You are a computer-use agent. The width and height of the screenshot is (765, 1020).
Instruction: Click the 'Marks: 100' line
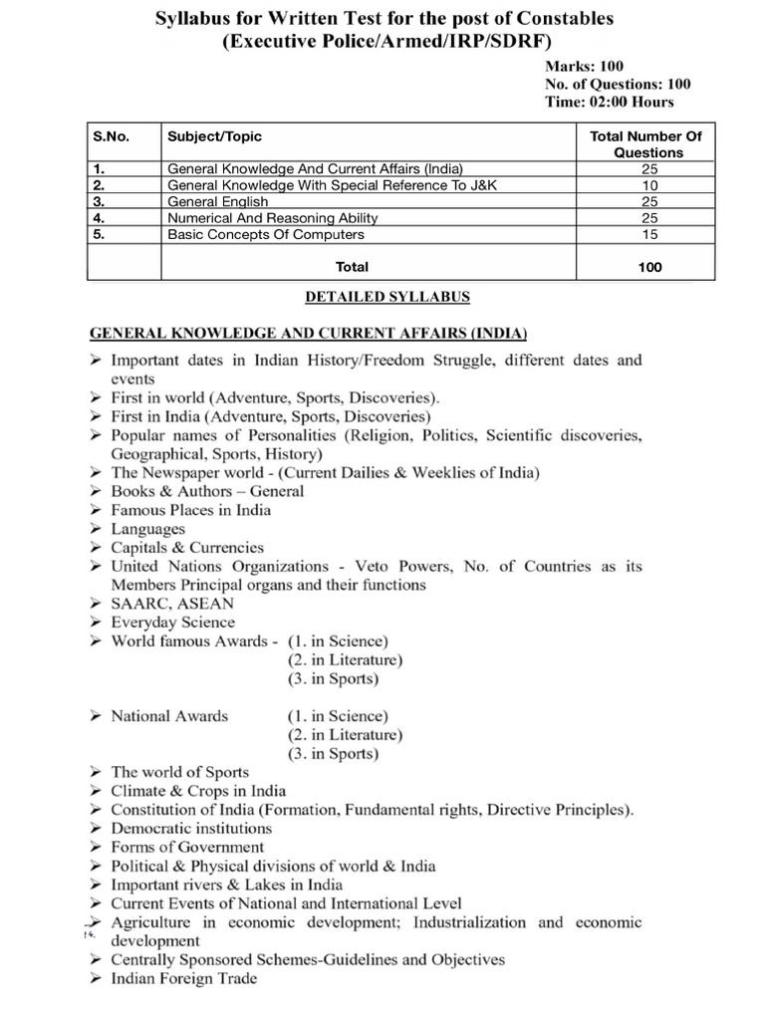pyautogui.click(x=584, y=66)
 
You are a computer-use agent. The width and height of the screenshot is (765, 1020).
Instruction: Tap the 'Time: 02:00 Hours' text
pyautogui.click(x=609, y=102)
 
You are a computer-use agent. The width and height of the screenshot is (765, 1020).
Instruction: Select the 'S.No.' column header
pyautogui.click(x=111, y=135)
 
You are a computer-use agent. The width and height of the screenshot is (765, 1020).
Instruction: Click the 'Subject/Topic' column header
pyautogui.click(x=214, y=135)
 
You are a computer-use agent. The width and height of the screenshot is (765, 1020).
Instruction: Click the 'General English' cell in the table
pyautogui.click(x=218, y=201)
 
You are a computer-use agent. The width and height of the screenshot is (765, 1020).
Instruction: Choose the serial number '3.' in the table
pyautogui.click(x=99, y=201)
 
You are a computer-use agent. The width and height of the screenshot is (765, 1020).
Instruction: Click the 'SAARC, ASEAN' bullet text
pyautogui.click(x=172, y=604)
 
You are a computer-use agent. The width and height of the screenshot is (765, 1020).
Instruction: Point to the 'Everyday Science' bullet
pyautogui.click(x=172, y=623)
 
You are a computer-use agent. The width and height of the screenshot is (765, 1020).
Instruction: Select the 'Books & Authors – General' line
pyautogui.click(x=207, y=491)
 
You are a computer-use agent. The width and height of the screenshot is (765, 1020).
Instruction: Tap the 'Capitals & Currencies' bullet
pyautogui.click(x=187, y=547)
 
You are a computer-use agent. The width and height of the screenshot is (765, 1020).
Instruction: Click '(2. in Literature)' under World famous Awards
pyautogui.click(x=345, y=659)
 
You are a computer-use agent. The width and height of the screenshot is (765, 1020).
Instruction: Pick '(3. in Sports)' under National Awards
pyautogui.click(x=333, y=753)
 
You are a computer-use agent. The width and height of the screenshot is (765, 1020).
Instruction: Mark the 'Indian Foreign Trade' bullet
pyautogui.click(x=183, y=978)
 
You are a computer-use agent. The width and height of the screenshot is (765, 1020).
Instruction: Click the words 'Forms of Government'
pyautogui.click(x=187, y=847)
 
